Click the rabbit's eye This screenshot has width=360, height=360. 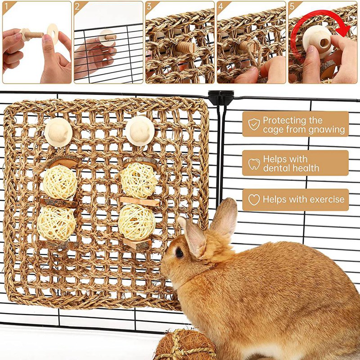(x=180, y=253)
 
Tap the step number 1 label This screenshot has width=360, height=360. (x=6, y=6)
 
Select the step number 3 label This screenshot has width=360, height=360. (x=149, y=6)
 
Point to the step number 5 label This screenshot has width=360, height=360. (x=292, y=6)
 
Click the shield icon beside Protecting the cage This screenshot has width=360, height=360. (x=254, y=125)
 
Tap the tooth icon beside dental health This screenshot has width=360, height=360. (x=254, y=163)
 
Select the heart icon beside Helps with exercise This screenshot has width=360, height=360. (x=254, y=199)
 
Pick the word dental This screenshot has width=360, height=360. (x=278, y=168)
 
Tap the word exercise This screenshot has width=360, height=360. (x=324, y=199)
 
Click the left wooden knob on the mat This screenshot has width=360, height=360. (x=58, y=132)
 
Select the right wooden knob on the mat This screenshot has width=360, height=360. (x=139, y=130)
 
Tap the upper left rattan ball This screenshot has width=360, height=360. (x=60, y=182)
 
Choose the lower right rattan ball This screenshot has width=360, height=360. (x=137, y=221)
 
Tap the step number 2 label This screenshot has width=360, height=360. (x=77, y=6)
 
